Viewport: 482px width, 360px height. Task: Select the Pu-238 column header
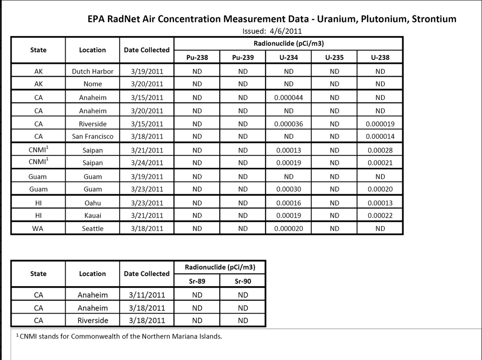(197, 57)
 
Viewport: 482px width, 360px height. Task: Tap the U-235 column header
(334, 57)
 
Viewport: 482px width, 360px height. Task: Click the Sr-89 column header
(197, 281)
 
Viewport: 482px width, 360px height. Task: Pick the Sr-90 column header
(243, 281)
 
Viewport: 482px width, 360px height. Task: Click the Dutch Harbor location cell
(93, 71)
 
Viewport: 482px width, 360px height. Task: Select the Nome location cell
(93, 84)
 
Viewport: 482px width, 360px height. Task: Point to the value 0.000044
(289, 98)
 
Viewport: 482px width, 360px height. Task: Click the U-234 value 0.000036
(289, 124)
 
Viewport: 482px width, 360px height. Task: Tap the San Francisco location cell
(93, 136)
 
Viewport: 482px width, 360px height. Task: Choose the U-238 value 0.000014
(380, 136)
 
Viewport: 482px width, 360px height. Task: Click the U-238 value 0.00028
(380, 150)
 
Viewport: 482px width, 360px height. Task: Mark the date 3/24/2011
(147, 163)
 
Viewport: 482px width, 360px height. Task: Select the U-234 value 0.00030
(289, 189)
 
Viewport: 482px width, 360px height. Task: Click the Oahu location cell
(93, 203)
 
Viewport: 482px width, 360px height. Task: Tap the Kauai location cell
(93, 216)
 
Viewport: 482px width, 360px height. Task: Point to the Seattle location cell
(93, 228)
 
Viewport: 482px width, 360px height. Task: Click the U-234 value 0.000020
(289, 228)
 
